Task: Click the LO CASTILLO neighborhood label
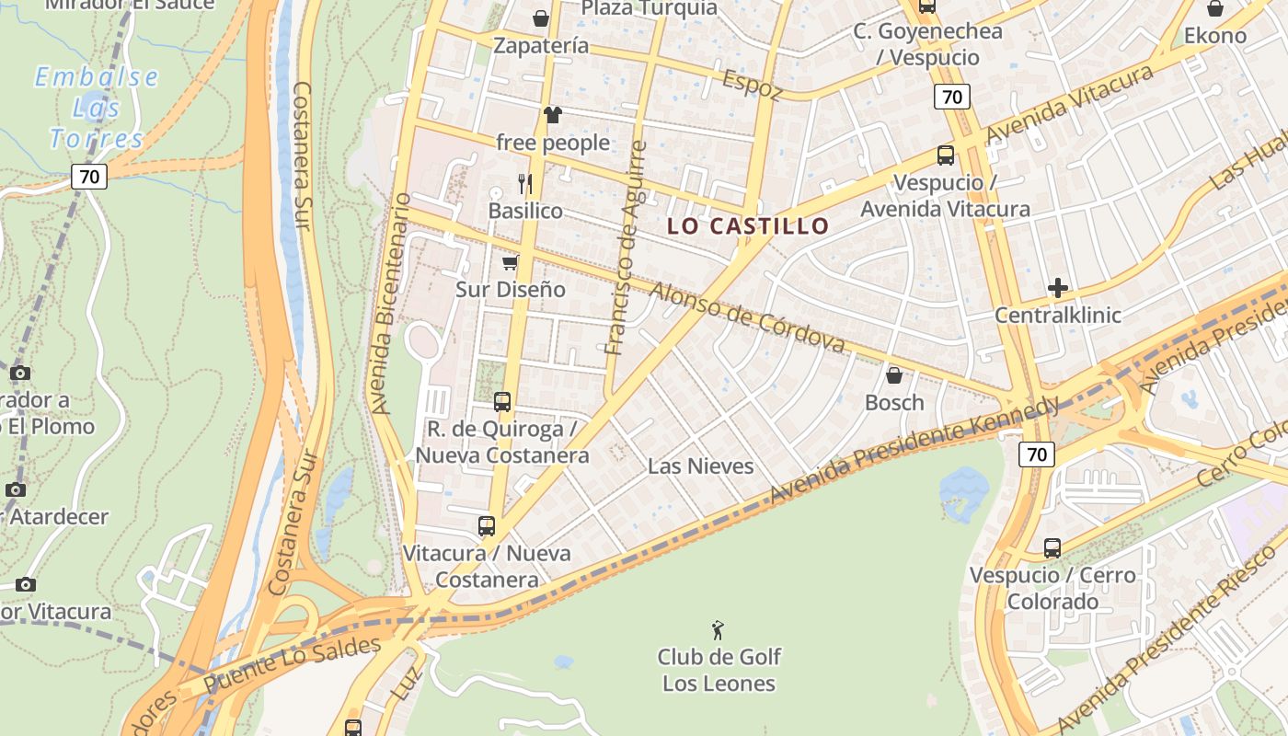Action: pyautogui.click(x=748, y=225)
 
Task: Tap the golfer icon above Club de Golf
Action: pyautogui.click(x=719, y=631)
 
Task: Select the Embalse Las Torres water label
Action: pyautogui.click(x=97, y=108)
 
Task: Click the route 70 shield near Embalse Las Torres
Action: pyautogui.click(x=89, y=176)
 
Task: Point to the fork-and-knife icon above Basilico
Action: pyautogui.click(x=525, y=184)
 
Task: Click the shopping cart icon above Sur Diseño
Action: pyautogui.click(x=510, y=263)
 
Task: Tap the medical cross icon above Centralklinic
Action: pyautogui.click(x=1058, y=288)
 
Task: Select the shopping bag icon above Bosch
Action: pyautogui.click(x=893, y=375)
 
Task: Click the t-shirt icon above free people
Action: pyautogui.click(x=552, y=115)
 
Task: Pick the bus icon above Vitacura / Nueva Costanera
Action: pyautogui.click(x=487, y=526)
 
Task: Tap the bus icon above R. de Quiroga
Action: pyautogui.click(x=501, y=402)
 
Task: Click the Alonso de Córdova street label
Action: pyautogui.click(x=747, y=317)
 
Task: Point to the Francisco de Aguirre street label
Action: pyautogui.click(x=627, y=248)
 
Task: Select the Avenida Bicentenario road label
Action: pyautogui.click(x=389, y=304)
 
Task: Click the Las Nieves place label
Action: pyautogui.click(x=700, y=466)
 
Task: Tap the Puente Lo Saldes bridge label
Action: pyautogui.click(x=292, y=665)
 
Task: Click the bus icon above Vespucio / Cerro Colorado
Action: pyautogui.click(x=1052, y=548)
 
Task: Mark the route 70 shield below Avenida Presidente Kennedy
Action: pyautogui.click(x=1037, y=454)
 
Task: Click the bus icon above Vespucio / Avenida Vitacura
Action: pyautogui.click(x=945, y=155)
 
